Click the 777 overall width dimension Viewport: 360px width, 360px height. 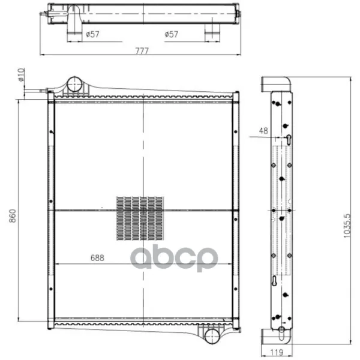[142, 50]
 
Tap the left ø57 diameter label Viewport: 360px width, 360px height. [92, 34]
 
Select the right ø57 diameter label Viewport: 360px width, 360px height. [171, 34]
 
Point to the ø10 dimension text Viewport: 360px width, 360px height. [21, 74]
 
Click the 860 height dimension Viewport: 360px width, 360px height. [13, 215]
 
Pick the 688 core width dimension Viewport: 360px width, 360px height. [97, 258]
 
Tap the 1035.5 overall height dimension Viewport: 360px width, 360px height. [347, 226]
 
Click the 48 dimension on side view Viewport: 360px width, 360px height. [263, 131]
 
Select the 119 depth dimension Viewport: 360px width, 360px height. [277, 352]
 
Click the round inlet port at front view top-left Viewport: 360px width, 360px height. [74, 84]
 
